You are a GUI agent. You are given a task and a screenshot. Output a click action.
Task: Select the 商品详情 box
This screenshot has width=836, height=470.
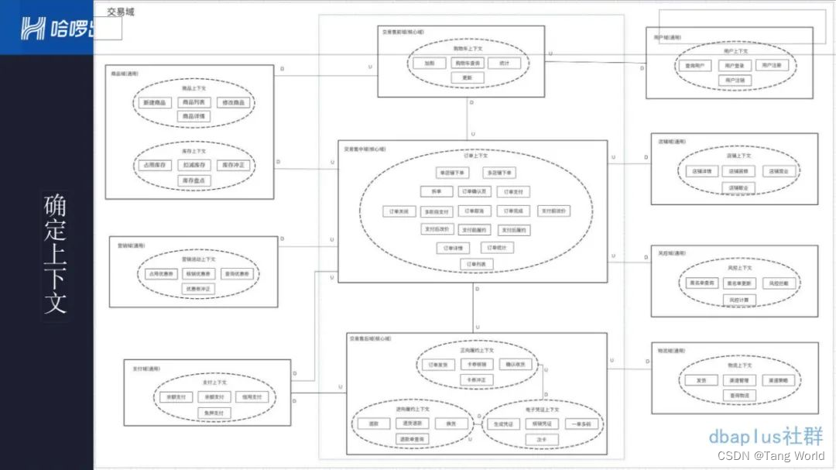[x=195, y=116]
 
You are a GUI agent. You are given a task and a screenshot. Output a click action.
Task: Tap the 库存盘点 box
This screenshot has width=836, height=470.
[x=195, y=180]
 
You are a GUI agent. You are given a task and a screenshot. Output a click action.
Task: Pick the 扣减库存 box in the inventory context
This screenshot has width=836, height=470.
[x=195, y=165]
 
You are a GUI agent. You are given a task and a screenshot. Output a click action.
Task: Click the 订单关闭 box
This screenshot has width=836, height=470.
[x=399, y=211]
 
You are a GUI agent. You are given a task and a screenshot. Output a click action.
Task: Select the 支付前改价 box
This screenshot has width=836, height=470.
[x=553, y=211]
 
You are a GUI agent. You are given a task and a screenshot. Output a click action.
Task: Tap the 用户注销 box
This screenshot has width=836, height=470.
[x=733, y=80]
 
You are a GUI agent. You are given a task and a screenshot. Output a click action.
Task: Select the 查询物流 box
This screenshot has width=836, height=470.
[x=740, y=396]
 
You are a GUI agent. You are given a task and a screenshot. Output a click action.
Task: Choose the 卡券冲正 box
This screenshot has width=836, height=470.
[x=476, y=379]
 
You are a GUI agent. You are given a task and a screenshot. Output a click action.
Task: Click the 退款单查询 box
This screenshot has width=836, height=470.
[x=411, y=438]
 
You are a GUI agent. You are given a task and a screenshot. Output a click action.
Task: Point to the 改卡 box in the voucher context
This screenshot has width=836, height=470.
[x=542, y=438]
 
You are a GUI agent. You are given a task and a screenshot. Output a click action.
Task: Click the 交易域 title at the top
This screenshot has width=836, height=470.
[x=120, y=12]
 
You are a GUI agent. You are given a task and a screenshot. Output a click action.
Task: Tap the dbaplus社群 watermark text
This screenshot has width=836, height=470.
[x=766, y=436]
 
